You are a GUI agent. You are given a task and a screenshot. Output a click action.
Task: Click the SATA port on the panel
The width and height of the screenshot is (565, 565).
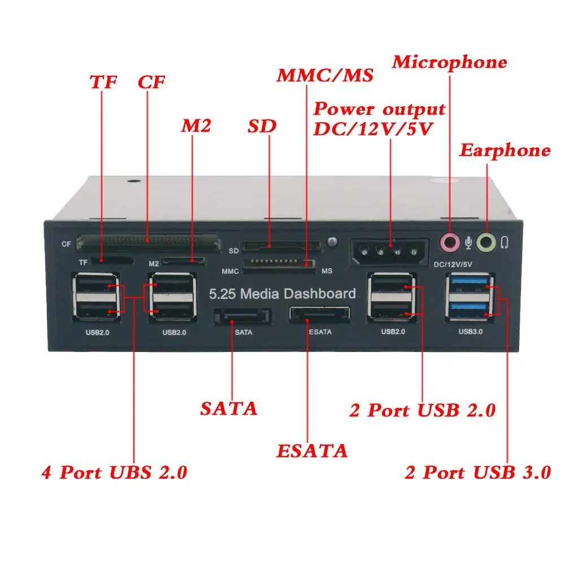coord(242,316)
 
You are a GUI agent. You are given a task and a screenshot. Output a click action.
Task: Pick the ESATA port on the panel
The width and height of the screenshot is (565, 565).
coord(319,315)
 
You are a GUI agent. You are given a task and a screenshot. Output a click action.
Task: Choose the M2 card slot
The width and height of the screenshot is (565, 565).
coord(183,261)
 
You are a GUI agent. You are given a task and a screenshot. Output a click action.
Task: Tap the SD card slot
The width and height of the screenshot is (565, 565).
coord(280,247)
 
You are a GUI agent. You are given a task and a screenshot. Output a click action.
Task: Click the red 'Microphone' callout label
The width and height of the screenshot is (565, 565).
coord(450,62)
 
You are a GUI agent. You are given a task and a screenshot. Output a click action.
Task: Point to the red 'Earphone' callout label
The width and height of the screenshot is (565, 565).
coord(504,150)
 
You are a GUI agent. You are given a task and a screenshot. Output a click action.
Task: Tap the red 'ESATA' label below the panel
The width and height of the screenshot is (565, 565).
coord(311,451)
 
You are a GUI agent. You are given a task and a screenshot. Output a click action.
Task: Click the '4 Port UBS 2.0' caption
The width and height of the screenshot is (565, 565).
coord(114,472)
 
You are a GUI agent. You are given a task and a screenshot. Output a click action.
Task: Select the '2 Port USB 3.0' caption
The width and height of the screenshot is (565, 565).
coord(477,472)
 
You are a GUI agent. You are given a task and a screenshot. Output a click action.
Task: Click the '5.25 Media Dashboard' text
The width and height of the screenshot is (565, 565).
coord(282,294)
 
